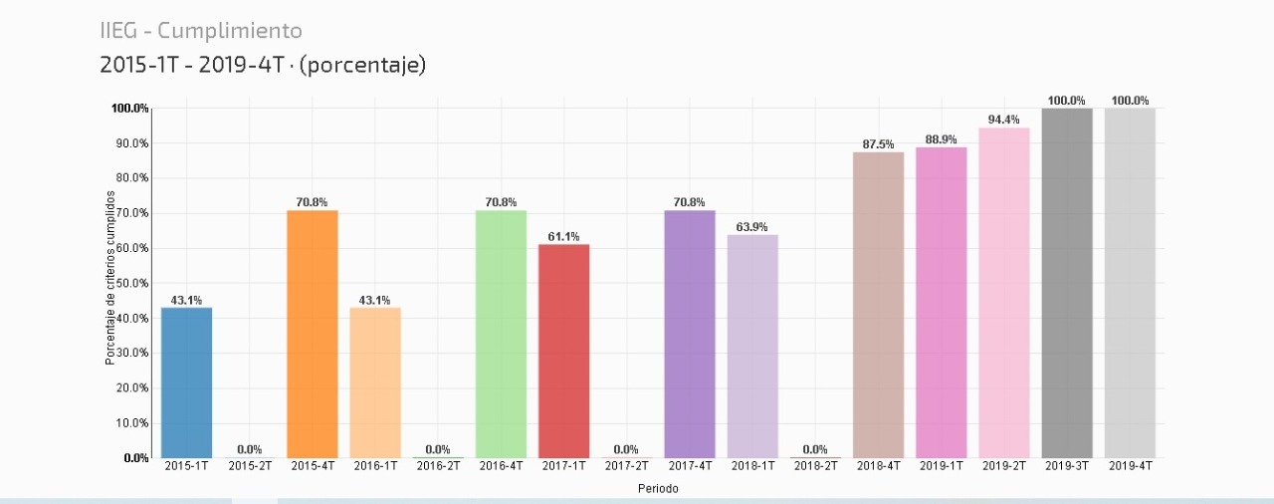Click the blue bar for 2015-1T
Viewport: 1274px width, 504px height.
[x=186, y=382]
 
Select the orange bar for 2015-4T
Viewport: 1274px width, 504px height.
[x=312, y=334]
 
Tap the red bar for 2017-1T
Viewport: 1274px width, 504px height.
[x=563, y=351]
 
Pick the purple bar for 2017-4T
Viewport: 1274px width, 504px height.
[x=690, y=334]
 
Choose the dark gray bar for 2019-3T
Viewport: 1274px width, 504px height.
[x=1067, y=283]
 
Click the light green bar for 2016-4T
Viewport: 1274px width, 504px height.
[x=501, y=334]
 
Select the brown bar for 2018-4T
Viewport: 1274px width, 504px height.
[x=878, y=305]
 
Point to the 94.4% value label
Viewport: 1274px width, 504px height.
[x=1003, y=120]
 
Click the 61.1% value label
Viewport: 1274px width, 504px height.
[x=563, y=236]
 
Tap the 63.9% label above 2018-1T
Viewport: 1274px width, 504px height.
[x=752, y=227]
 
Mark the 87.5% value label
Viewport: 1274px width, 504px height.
[x=878, y=144]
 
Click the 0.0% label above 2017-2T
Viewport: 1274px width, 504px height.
[x=626, y=449]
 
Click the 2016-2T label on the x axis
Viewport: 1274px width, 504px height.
[x=438, y=465]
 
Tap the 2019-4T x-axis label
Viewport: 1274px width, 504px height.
[x=1130, y=465]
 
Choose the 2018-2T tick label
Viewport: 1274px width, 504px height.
[x=815, y=465]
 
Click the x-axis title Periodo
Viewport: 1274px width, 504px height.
[x=657, y=489]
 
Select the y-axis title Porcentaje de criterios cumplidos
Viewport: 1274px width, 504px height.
[x=110, y=278]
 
